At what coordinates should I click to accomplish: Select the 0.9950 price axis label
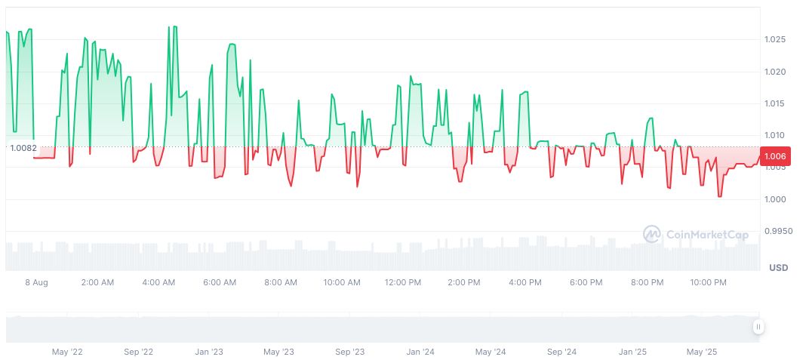(779, 231)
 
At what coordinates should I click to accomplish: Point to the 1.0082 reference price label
(23, 148)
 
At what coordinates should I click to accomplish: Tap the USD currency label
(778, 268)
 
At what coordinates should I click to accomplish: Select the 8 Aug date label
(35, 282)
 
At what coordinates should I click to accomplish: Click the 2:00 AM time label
(97, 282)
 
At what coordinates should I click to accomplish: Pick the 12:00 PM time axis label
(402, 282)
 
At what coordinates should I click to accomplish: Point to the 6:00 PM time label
(586, 282)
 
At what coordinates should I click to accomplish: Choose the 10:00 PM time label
(708, 282)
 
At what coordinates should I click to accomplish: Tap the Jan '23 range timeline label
(208, 352)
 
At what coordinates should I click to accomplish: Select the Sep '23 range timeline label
(349, 352)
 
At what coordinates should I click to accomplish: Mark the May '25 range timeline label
(702, 352)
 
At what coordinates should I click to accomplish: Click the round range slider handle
(758, 327)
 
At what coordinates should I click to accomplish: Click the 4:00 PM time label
(524, 282)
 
